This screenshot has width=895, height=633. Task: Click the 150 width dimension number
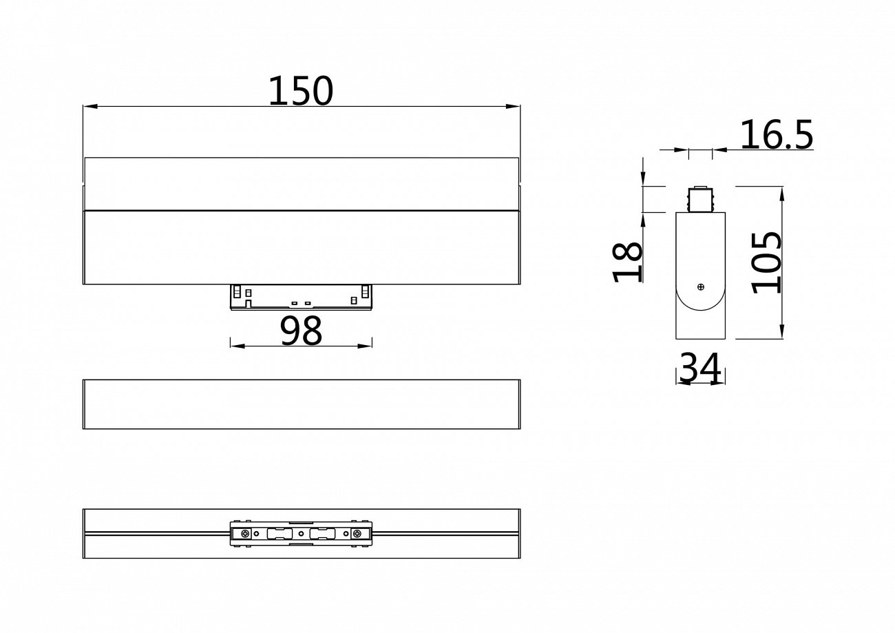click(300, 91)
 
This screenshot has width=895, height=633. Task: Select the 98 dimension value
click(301, 331)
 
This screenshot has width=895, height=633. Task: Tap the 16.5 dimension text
click(776, 135)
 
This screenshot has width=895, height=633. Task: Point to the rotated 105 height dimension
click(767, 262)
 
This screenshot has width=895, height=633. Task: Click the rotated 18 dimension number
click(627, 262)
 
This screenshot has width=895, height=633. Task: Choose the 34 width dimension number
click(700, 369)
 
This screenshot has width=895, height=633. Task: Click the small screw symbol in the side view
click(700, 287)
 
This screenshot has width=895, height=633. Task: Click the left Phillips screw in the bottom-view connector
click(244, 534)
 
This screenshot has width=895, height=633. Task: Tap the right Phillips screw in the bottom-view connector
click(356, 534)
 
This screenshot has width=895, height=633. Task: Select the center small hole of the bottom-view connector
click(301, 534)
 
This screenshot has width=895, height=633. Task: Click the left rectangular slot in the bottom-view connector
click(276, 534)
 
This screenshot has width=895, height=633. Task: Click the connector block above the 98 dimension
click(301, 297)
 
